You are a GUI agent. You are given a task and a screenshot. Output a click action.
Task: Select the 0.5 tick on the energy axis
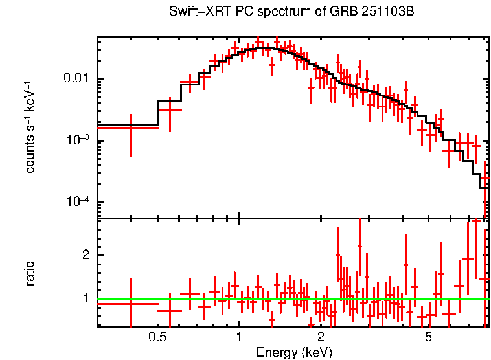point(157,337)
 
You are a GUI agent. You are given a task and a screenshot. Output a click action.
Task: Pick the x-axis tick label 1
point(239,337)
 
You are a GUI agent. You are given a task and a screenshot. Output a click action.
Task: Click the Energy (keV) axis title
point(294,352)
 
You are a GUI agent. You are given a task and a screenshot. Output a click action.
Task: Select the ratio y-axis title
point(30,273)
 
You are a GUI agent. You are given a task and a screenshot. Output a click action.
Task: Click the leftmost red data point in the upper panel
point(131,128)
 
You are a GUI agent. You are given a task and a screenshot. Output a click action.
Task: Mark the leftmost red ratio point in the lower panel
point(131,303)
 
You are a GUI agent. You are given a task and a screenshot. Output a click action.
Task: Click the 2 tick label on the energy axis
point(321,337)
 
